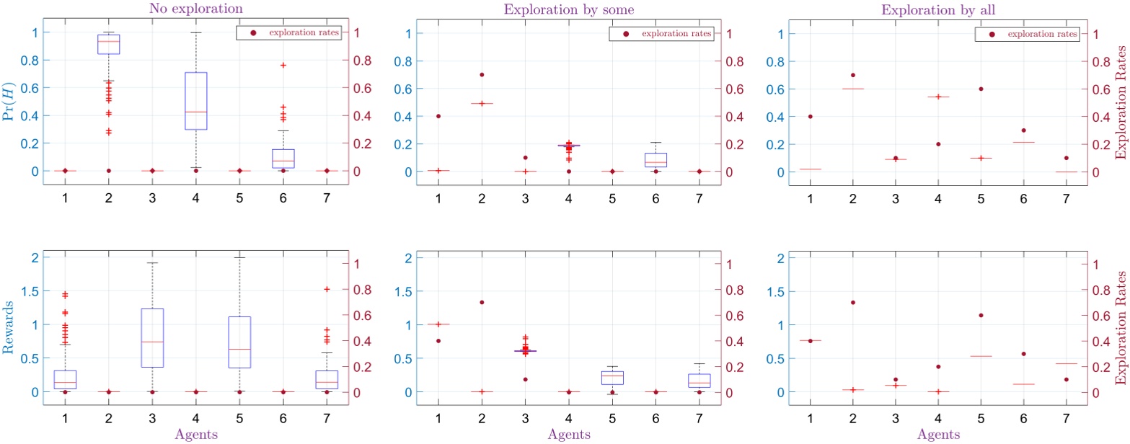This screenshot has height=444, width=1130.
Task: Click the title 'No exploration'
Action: (195, 9)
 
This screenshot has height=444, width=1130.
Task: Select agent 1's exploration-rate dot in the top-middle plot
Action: (438, 116)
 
